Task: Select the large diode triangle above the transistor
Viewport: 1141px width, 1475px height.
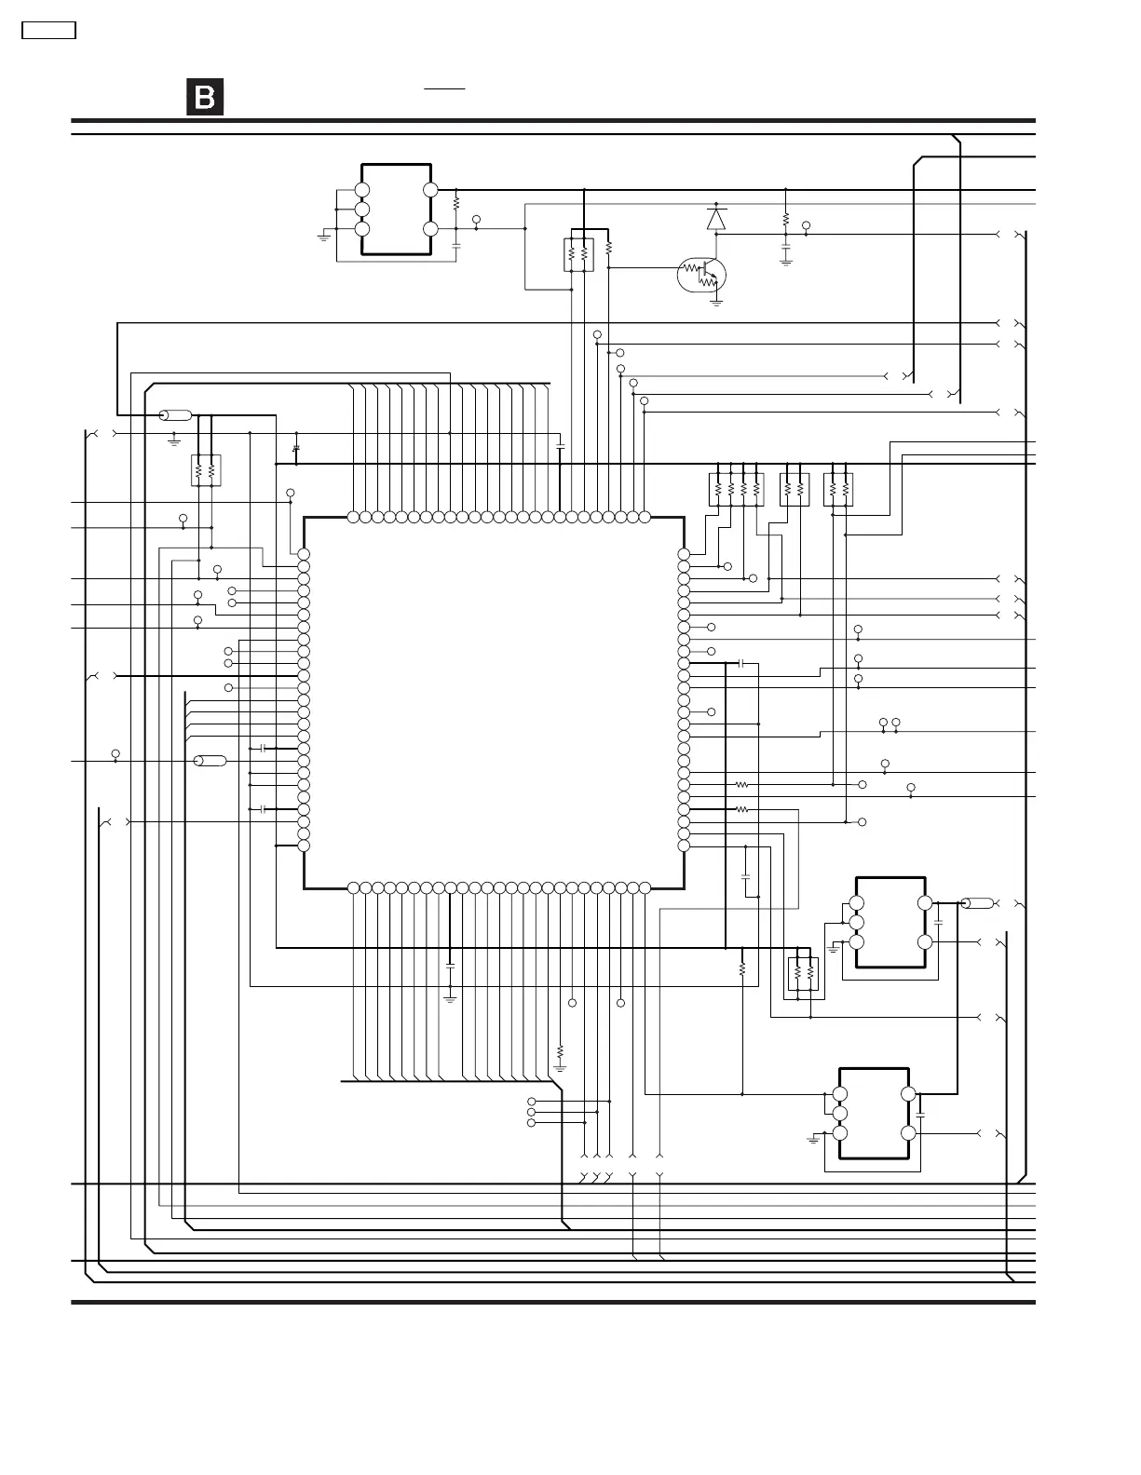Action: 715,219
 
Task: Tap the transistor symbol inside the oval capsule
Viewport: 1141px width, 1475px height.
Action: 701,274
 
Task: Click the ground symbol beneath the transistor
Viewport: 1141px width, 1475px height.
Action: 716,302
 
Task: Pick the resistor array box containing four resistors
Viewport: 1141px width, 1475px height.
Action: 737,490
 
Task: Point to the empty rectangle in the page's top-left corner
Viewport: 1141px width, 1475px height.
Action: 48,30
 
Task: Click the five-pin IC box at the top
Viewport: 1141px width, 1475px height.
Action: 396,210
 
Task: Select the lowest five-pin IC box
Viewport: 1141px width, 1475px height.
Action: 874,1114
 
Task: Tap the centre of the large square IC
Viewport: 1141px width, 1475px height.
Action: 494,700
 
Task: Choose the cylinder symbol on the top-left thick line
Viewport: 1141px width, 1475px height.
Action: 175,415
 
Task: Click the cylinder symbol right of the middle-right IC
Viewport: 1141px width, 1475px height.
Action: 977,903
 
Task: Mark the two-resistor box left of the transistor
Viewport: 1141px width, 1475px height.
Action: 578,255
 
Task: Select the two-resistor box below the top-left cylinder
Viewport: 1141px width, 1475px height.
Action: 205,470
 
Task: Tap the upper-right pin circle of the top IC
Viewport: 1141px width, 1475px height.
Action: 430,190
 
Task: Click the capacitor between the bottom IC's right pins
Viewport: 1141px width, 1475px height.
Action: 920,1114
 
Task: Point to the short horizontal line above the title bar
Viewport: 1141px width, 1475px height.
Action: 445,88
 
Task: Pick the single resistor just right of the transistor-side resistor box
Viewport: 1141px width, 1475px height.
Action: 608,249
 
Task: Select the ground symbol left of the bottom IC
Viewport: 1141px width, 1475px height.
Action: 814,1138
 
